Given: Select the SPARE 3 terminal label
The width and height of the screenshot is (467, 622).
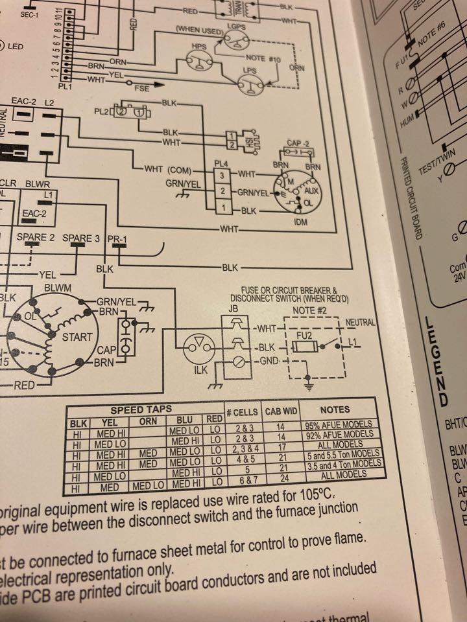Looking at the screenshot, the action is coord(81,238).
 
